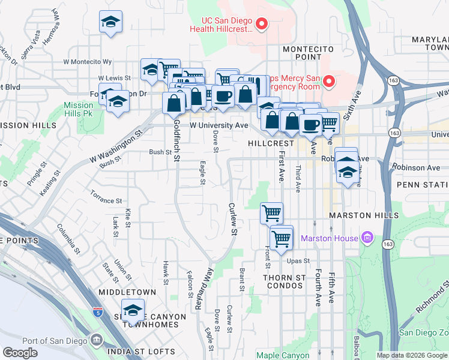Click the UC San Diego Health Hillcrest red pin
[261, 24]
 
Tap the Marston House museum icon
[368, 238]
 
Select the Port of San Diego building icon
[96, 341]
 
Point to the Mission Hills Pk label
[79, 109]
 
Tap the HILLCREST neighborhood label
[271, 144]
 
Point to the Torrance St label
[106, 197]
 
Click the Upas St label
[298, 261]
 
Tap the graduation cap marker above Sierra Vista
[110, 22]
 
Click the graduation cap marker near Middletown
[133, 311]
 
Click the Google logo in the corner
[20, 353]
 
